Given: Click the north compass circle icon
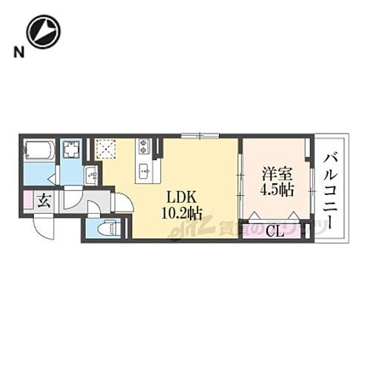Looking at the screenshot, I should click(x=42, y=31).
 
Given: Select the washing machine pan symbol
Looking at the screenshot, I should click(x=72, y=151).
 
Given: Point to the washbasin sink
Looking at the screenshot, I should click(x=92, y=176).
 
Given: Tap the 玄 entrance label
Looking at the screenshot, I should click(x=43, y=200).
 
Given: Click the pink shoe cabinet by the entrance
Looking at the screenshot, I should click(x=27, y=200).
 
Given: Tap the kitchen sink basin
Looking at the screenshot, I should click(x=143, y=172).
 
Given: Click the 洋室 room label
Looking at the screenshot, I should click(x=275, y=175).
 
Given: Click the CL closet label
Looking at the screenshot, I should click(x=274, y=230).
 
